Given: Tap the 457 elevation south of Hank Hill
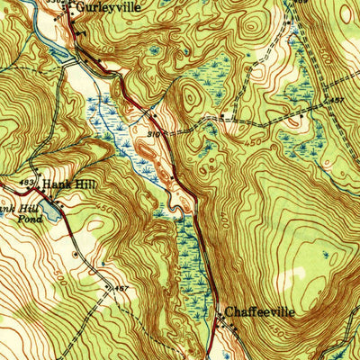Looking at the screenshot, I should [x=122, y=288].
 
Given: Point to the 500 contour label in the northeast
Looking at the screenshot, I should [x=317, y=38].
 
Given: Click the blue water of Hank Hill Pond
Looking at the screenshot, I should [x=51, y=212].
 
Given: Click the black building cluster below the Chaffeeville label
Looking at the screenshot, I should [x=227, y=324].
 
